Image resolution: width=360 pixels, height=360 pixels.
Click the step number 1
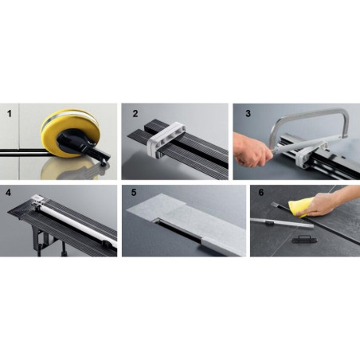10,114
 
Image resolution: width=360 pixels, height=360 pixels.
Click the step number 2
135,114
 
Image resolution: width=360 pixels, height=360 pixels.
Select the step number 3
248,113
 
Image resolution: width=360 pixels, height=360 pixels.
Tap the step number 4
9,193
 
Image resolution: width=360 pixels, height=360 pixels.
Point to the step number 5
134,193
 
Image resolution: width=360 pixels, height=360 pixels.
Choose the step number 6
261,193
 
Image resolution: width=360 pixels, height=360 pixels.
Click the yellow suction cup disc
69,133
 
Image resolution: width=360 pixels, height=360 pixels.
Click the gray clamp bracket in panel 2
166,141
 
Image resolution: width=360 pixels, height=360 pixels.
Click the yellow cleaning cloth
298,209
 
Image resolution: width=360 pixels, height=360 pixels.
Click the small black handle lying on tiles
304,239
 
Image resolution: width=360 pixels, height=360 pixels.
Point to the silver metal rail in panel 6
282,223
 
